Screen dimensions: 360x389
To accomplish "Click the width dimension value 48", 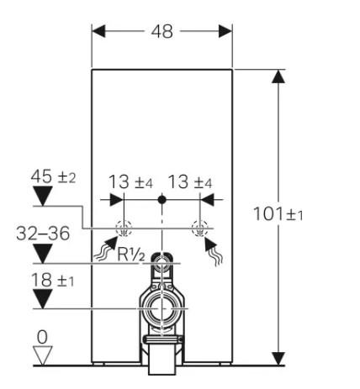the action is [162, 31].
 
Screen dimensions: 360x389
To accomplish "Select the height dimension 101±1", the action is [278, 214].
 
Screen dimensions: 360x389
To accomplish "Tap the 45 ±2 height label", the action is [53, 176].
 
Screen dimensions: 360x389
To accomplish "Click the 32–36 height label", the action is [43, 234].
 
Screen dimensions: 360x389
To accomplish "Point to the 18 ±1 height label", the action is [52, 280].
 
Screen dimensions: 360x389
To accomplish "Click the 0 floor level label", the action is [42, 337].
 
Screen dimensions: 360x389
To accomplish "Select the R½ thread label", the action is [131, 255].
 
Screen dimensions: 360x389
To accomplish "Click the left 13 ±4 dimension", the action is [130, 181].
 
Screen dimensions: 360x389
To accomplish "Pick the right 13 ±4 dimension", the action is [190, 181].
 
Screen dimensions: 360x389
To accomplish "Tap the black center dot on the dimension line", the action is [161, 200].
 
